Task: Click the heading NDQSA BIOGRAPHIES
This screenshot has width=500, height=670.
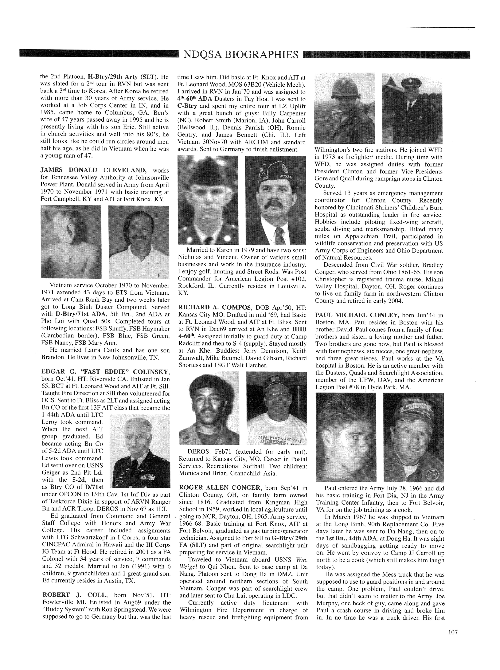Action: (241, 54)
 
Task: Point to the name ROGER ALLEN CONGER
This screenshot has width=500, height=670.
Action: (220, 488)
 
